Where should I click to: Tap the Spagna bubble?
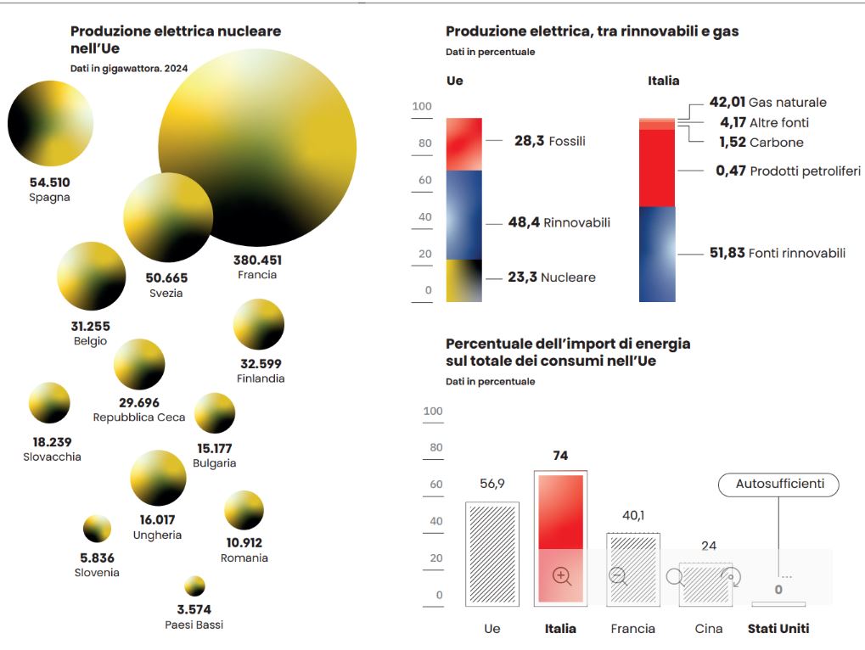coord(49,124)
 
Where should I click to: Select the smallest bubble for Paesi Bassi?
coord(194,586)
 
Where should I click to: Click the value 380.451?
coord(257,261)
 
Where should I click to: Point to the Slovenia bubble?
coord(97,529)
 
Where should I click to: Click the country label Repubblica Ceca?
coord(139,417)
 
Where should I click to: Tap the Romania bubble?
coord(244,510)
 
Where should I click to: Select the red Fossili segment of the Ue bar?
coord(463,143)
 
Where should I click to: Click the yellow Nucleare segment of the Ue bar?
coord(463,280)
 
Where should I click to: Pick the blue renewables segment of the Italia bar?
coord(657,254)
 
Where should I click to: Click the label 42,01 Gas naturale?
coord(767,103)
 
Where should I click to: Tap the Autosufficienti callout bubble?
coord(778,485)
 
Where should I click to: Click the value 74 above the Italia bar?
coord(559,456)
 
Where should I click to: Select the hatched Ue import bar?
coord(492,553)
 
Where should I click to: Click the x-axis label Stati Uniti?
coord(778,629)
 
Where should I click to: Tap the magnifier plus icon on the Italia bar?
coord(561,576)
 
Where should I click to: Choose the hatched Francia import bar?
coord(632,569)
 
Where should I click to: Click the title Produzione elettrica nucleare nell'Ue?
coord(176,40)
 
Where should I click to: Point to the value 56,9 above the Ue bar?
coord(491,484)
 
